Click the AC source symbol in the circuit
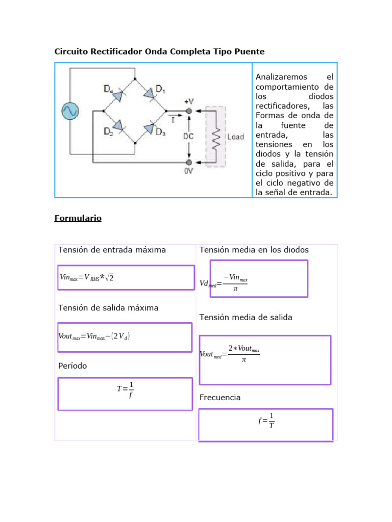point(69,111)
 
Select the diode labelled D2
point(118,125)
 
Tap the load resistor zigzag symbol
point(216,137)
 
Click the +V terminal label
point(189,101)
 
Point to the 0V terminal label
point(189,171)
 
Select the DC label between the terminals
point(189,136)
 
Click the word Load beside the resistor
point(235,137)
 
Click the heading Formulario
point(78,218)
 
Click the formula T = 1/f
point(125,390)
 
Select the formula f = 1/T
point(266,421)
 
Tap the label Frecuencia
point(220,397)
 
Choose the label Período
point(72,366)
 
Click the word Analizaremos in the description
point(281,77)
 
